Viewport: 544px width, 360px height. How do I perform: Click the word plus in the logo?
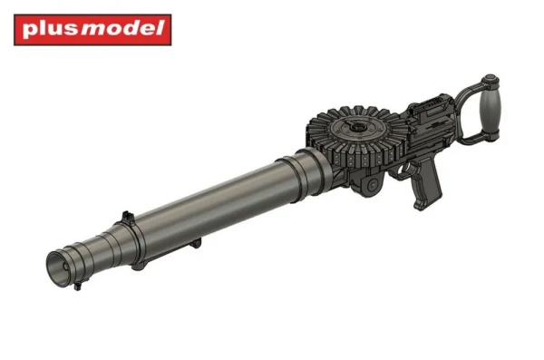50,30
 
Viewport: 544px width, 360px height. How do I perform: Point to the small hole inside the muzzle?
65,267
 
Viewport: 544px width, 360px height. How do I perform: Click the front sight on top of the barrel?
127,216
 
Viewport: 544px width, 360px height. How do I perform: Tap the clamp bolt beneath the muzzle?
77,286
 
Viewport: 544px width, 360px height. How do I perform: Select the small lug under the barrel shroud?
195,243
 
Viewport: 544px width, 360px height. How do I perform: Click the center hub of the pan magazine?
356,127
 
